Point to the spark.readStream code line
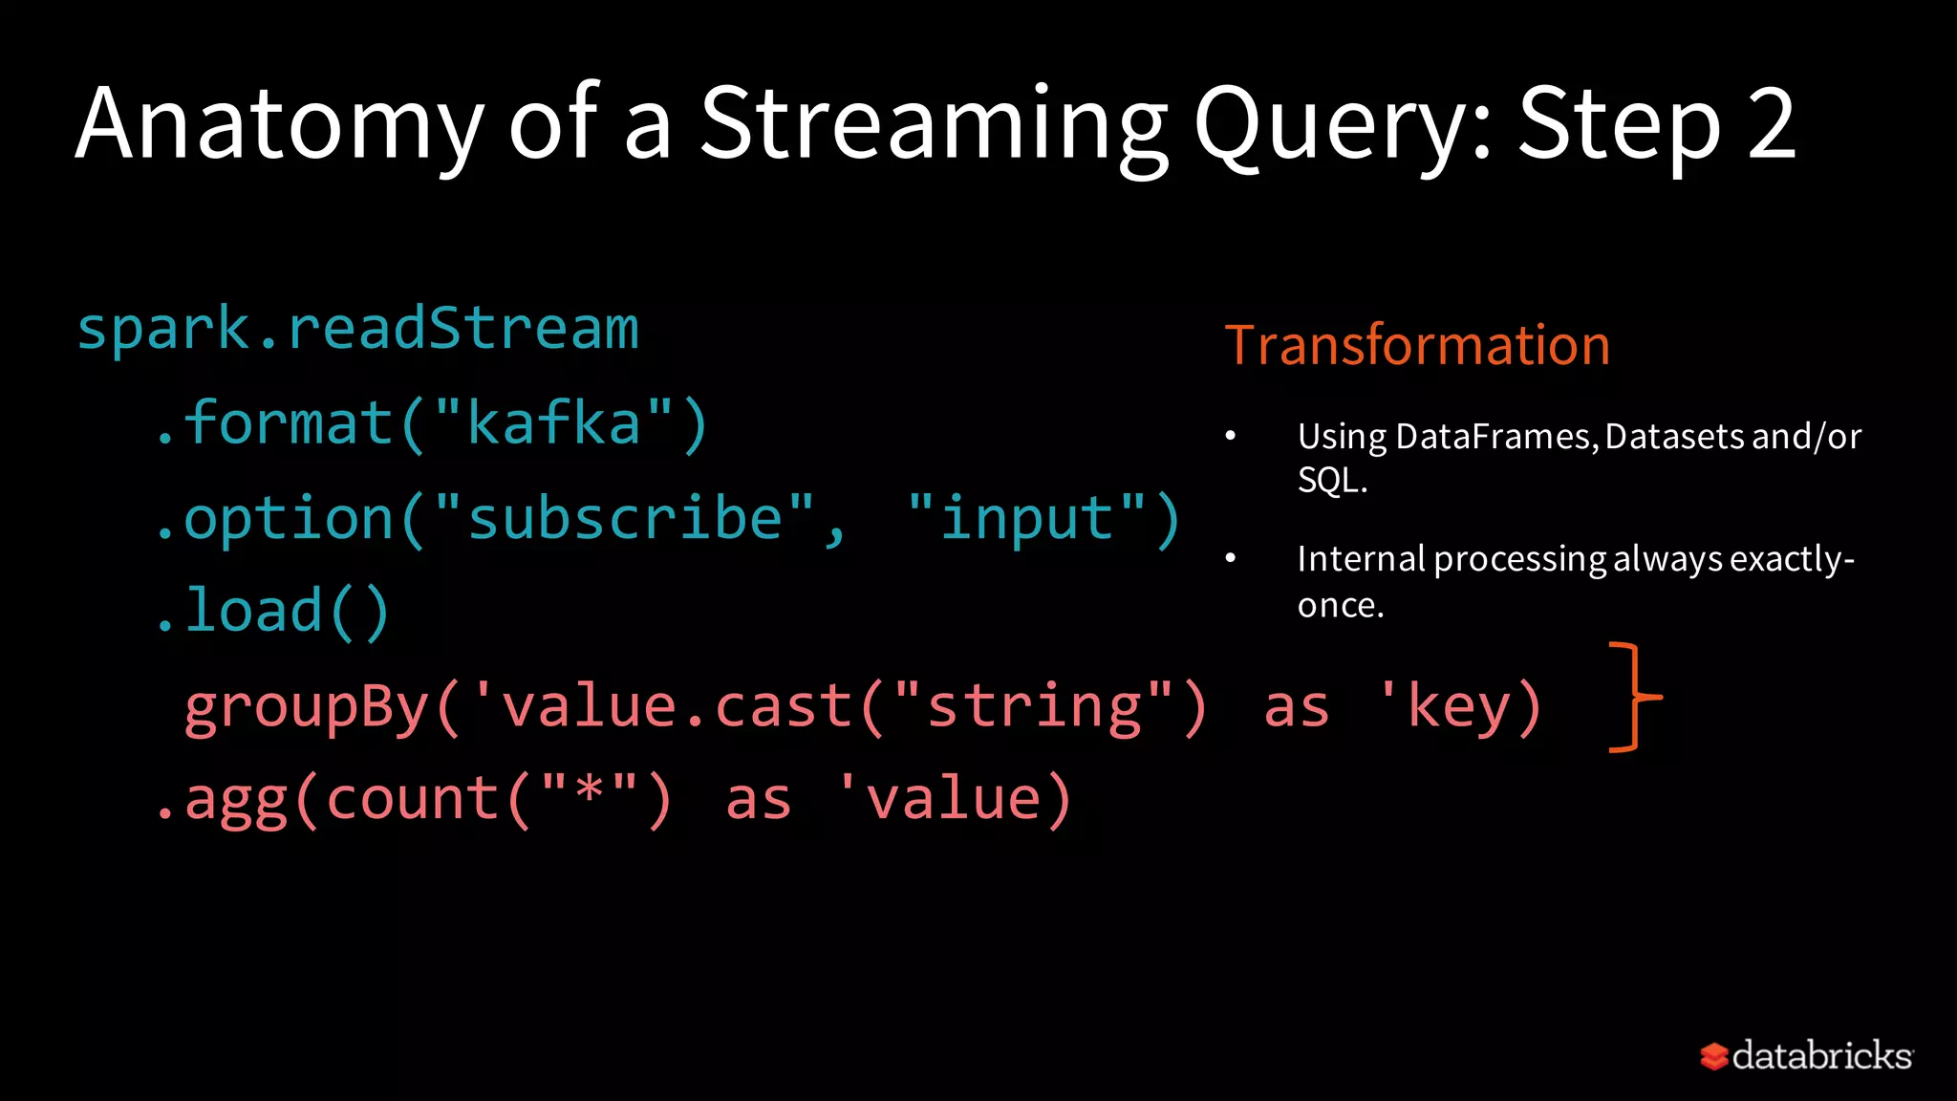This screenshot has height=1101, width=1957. click(357, 330)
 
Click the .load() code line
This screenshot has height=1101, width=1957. click(273, 612)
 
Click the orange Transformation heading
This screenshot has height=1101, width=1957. click(1417, 345)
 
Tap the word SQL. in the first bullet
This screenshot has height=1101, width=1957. click(1332, 480)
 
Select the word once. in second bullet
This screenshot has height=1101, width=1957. click(1341, 605)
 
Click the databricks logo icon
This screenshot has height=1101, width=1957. click(1714, 1056)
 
